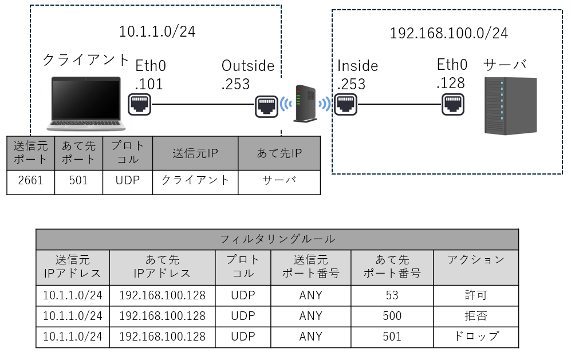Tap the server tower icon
pyautogui.click(x=510, y=105)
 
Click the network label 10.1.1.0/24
pyautogui.click(x=157, y=31)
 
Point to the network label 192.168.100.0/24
pyautogui.click(x=448, y=34)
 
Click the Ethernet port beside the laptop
pyautogui.click(x=140, y=104)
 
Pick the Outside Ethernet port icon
pyautogui.click(x=266, y=105)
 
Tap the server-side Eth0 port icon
pyautogui.click(x=452, y=104)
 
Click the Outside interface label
pyautogui.click(x=248, y=66)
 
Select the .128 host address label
pyautogui.click(x=450, y=83)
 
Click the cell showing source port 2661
pyautogui.click(x=31, y=180)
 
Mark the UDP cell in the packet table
pyautogui.click(x=128, y=180)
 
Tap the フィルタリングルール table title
pyautogui.click(x=277, y=239)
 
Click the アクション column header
pyautogui.click(x=475, y=260)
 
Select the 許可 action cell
pyautogui.click(x=475, y=295)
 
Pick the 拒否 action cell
pyautogui.click(x=475, y=316)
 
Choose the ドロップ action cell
pyautogui.click(x=475, y=337)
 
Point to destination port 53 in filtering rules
pyautogui.click(x=392, y=295)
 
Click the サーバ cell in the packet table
pyautogui.click(x=279, y=180)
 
